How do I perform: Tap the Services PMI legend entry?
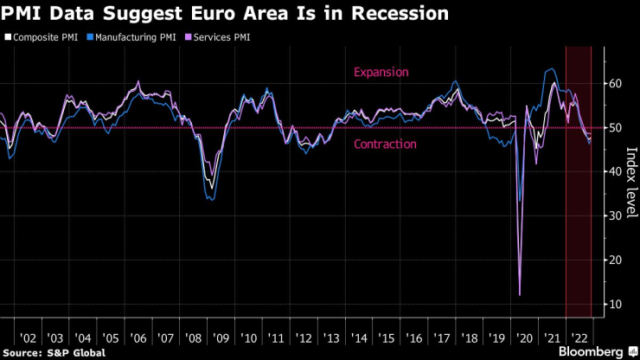click(220, 37)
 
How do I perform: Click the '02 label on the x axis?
click(28, 336)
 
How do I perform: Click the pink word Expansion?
click(381, 73)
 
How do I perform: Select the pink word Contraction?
click(386, 145)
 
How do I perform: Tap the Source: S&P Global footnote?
click(54, 352)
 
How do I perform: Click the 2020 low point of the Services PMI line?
click(520, 295)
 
